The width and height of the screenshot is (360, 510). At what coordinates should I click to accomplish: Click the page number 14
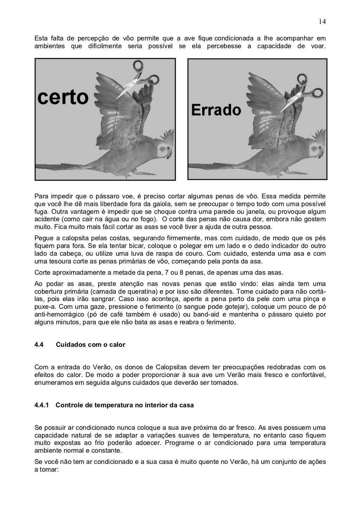pos(322,22)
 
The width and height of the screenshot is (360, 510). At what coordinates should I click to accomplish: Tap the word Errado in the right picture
pos(216,110)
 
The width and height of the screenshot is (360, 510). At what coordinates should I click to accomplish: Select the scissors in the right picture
pos(302,92)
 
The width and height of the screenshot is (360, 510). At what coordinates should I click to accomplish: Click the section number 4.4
pos(39,345)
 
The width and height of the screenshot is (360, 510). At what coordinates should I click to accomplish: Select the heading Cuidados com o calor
pos(90,345)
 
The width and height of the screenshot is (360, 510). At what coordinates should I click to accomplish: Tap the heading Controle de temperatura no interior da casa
pos(125,405)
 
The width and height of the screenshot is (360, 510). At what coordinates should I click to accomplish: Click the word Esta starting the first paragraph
pos(40,38)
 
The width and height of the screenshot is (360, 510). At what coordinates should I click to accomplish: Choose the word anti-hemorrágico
pos(59,315)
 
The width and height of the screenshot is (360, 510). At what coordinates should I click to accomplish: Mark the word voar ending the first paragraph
pos(317,46)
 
